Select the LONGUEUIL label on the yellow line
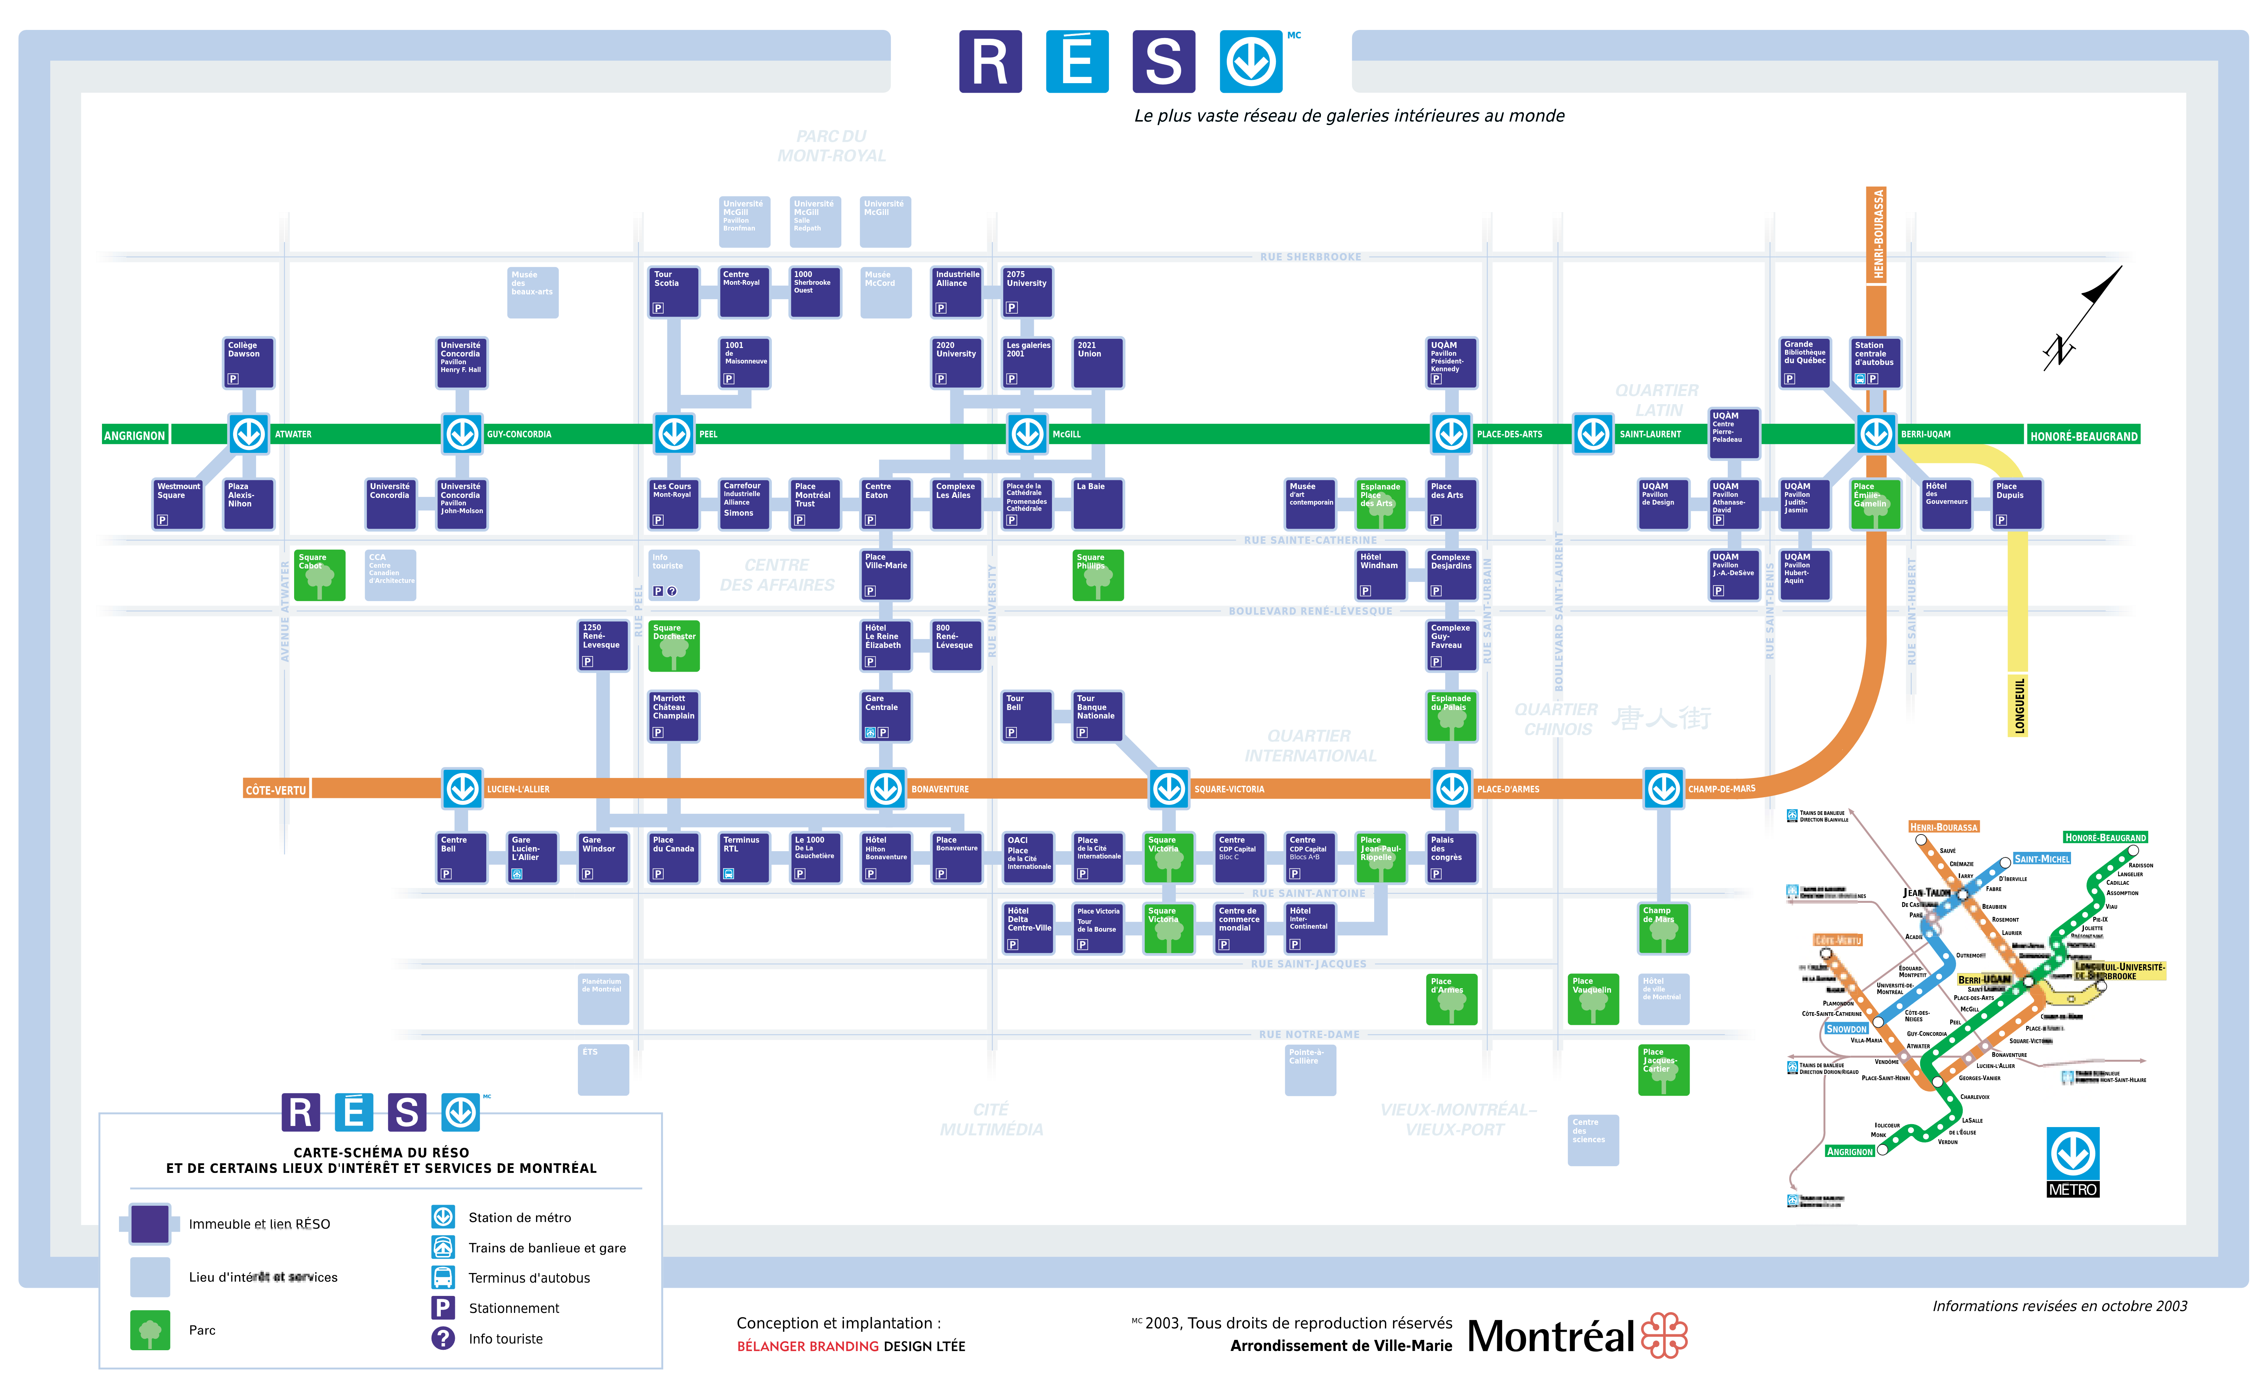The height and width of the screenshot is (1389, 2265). (2019, 706)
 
